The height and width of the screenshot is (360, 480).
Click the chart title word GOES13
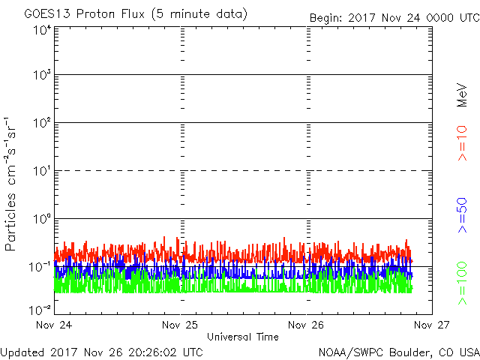47,13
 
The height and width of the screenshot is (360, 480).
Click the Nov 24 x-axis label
54,325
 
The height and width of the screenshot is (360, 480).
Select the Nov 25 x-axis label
180,325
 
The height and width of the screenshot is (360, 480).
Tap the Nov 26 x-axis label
306,325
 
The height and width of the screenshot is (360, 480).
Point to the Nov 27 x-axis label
432,325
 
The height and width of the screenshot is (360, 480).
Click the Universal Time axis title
243,337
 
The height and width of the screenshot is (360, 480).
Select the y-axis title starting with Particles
10,184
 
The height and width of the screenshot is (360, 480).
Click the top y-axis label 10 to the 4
43,30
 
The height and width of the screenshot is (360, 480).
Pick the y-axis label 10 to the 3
43,74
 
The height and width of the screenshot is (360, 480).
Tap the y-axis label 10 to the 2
43,123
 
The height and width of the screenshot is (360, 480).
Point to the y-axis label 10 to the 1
43,171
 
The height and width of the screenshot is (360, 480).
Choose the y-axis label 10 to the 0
43,219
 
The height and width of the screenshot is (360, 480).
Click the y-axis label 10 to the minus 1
40,267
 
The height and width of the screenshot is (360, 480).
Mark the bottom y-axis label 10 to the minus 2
40,310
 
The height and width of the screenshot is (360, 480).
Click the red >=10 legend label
462,143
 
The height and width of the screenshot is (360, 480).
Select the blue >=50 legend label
462,215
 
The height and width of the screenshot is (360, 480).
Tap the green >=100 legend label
462,283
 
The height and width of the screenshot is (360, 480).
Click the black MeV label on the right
462,95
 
